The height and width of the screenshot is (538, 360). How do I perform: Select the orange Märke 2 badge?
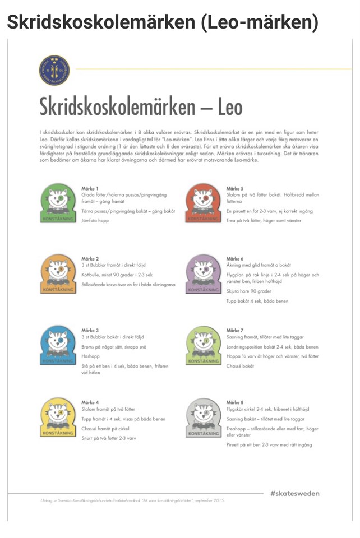(x=58, y=274)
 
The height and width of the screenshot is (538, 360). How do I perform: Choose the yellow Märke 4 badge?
(x=58, y=418)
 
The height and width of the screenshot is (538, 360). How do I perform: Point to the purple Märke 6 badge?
(x=203, y=274)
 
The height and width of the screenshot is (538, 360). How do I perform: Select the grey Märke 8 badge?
(x=203, y=418)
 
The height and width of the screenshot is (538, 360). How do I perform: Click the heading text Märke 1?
(x=90, y=188)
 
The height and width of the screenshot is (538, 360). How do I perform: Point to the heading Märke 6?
(x=235, y=258)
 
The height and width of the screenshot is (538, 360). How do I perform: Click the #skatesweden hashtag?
(x=294, y=493)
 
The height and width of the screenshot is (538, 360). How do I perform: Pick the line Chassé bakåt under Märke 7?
(x=240, y=365)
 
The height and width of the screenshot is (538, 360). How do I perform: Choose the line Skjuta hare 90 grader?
(x=248, y=291)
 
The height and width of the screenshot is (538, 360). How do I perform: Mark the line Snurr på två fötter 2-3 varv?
(x=108, y=438)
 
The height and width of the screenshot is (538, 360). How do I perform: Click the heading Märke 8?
(x=235, y=402)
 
